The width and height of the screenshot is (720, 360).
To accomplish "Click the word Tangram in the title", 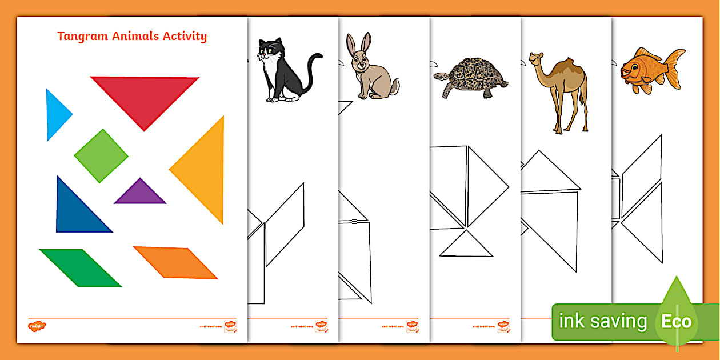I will pos(81,37).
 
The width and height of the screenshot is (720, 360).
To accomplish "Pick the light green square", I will pos(101,156).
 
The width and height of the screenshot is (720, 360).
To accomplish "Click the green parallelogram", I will pos(80,267).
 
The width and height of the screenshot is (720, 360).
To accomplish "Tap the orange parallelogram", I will pos(175,263).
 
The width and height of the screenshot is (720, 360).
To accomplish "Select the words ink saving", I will pos(602,321).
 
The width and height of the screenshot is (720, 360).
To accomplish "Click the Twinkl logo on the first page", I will pos(37,326).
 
